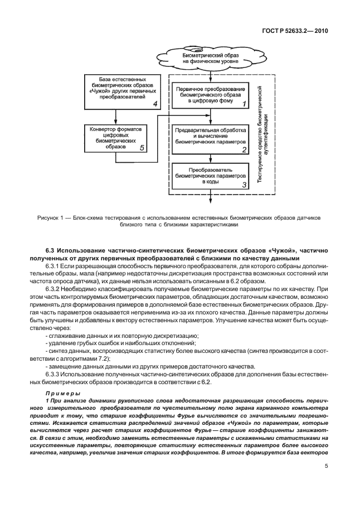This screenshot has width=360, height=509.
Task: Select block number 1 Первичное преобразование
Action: coord(210,96)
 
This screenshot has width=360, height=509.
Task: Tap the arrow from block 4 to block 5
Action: coord(115,116)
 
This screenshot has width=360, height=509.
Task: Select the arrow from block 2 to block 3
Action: coord(210,158)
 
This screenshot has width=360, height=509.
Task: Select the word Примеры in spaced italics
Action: coord(62,394)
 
